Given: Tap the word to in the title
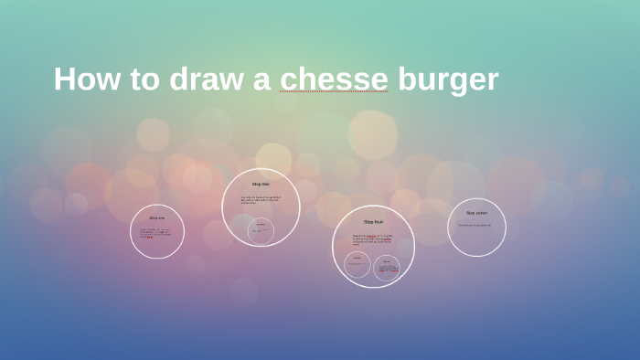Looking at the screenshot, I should tap(144, 79).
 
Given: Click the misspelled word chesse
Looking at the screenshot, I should tap(334, 79).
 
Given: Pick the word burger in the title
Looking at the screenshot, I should tap(447, 79).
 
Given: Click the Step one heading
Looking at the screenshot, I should tap(157, 218).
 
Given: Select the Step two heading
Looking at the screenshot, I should tap(261, 185).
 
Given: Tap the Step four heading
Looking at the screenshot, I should tap(373, 222).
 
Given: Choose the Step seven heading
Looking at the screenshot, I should tap(476, 213).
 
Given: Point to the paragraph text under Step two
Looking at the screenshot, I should tap(261, 199).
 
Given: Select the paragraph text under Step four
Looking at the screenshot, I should tap(372, 239).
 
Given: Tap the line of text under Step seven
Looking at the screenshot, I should tap(475, 225).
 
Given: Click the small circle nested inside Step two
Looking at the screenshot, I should tap(261, 230).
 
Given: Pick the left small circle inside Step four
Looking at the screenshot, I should tap(357, 265).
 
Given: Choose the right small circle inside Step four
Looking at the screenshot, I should tap(387, 268).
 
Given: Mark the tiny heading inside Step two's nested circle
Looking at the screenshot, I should tap(261, 224).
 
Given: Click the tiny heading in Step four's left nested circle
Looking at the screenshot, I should tap(357, 258).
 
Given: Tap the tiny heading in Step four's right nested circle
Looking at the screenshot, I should tap(387, 260).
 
